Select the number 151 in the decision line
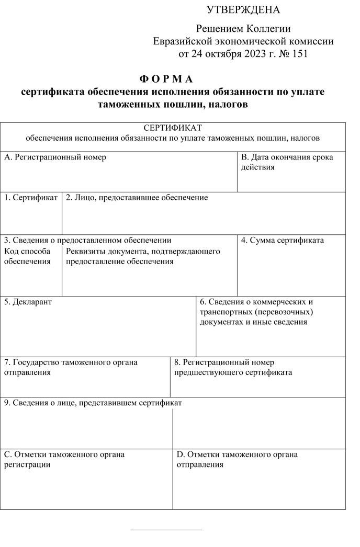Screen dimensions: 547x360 click(297, 53)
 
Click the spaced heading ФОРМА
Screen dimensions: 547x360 click(166, 79)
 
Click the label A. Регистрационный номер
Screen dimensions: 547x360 click(55, 157)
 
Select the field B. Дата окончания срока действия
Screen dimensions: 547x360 click(287, 162)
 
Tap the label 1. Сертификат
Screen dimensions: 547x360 click(31, 198)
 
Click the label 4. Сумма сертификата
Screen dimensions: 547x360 click(283, 241)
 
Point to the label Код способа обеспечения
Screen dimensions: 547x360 click(28, 256)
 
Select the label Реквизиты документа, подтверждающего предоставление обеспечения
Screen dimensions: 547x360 click(143, 256)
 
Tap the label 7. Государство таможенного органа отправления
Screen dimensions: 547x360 click(71, 367)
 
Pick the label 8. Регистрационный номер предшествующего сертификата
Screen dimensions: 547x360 click(233, 367)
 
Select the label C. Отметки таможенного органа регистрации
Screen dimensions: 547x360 click(64, 459)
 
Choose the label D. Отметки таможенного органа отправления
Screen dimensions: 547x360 click(237, 459)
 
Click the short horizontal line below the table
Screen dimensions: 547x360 click(166, 530)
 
